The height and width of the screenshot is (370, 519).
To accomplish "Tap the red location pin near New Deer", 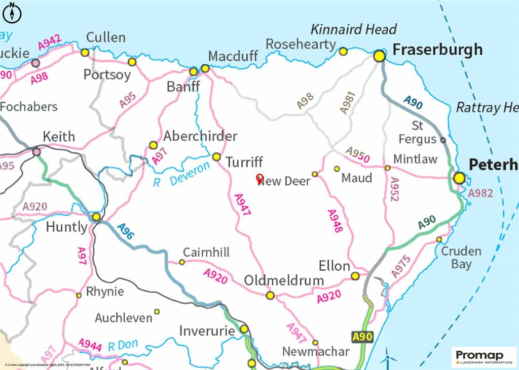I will click(260, 179).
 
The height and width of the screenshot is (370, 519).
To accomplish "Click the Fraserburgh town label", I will click(437, 50).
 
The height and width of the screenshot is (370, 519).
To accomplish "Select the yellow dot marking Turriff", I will click(216, 157).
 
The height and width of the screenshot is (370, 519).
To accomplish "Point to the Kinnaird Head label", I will click(353, 29).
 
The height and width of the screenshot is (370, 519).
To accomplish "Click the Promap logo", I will click(484, 356).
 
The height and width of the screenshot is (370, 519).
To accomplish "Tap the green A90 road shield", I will click(362, 336).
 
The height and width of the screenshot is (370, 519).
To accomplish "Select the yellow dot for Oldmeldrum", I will click(270, 295).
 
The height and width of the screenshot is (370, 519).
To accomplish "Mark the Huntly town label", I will click(66, 227).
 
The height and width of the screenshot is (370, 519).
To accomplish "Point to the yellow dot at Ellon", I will click(355, 276).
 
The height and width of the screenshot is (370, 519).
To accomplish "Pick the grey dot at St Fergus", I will click(443, 140).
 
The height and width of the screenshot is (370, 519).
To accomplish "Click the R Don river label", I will click(123, 346).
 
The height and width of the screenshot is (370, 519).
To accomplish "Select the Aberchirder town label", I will click(200, 136).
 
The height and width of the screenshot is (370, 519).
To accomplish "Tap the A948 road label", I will click(335, 221).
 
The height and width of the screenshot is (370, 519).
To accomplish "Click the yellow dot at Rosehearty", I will click(343, 51).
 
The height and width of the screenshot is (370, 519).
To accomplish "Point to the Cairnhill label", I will click(206, 252).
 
